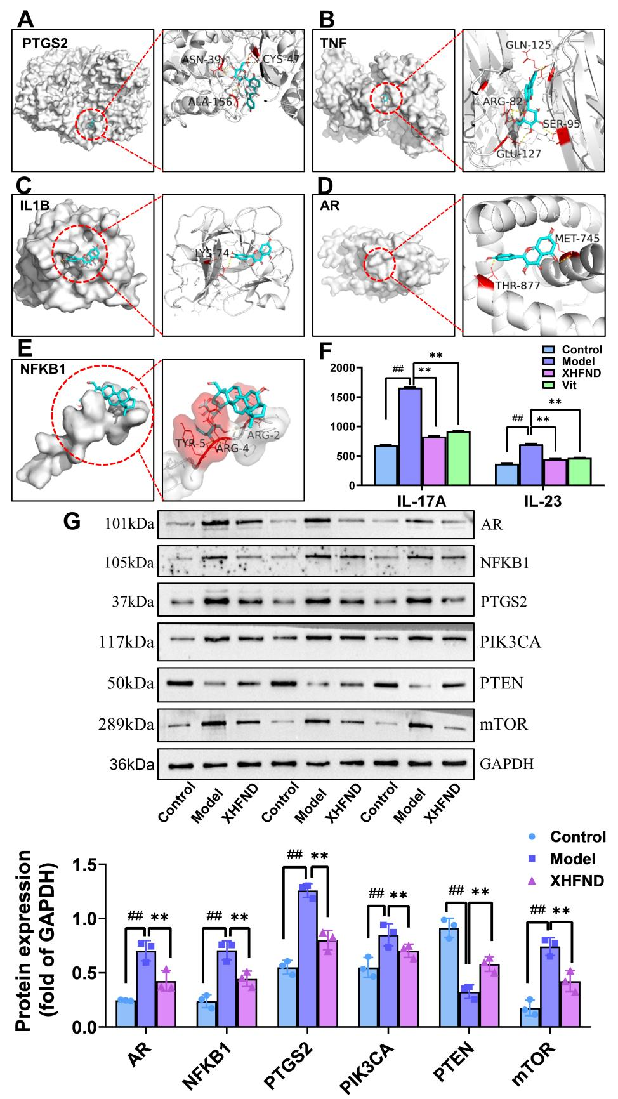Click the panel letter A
coord(25,18)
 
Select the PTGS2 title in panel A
coord(46,44)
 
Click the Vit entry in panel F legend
coord(569,385)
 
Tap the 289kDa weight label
coord(129,724)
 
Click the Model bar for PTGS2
coord(308,959)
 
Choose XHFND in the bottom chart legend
coord(577,881)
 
